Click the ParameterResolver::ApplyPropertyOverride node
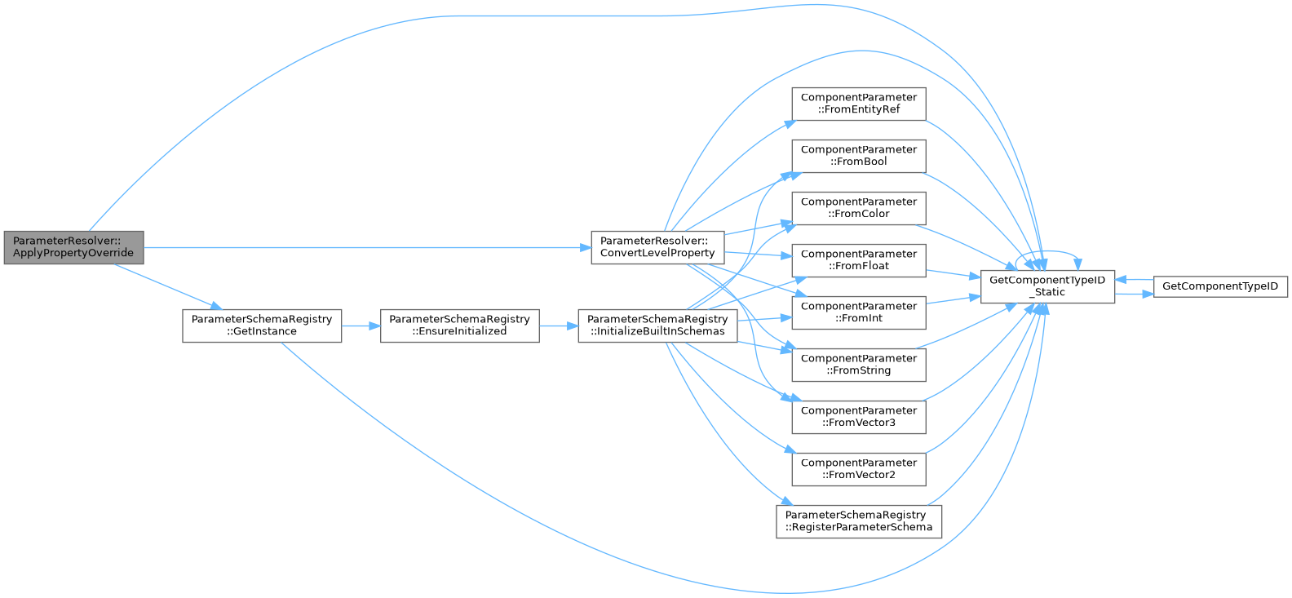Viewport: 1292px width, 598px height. (73, 247)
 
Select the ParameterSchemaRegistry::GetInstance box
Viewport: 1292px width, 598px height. (262, 326)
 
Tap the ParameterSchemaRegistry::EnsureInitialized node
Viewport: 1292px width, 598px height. (459, 326)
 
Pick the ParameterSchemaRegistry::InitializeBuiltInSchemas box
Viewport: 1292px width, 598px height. (657, 326)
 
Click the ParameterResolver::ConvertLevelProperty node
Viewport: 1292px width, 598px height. (657, 247)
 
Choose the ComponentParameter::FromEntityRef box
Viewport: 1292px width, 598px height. (859, 104)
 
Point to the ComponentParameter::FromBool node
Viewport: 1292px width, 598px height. (859, 156)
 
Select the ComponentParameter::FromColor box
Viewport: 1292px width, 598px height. (859, 208)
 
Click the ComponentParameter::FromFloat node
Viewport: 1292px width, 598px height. (859, 260)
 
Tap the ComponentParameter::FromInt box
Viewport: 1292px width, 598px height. (859, 312)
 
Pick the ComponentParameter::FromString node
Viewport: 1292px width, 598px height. (859, 365)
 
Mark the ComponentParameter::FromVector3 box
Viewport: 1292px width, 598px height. (859, 417)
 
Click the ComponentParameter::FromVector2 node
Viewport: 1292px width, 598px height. (859, 469)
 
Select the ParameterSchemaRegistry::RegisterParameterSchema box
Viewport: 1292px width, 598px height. (859, 521)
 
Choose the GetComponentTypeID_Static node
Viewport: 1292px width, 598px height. (1047, 286)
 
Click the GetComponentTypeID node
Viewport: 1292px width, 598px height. (1220, 286)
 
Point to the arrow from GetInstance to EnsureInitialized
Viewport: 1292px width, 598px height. (361, 326)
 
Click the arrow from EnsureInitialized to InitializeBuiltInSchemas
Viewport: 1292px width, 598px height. (559, 326)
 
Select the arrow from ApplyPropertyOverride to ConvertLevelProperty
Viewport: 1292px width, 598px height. (367, 247)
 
